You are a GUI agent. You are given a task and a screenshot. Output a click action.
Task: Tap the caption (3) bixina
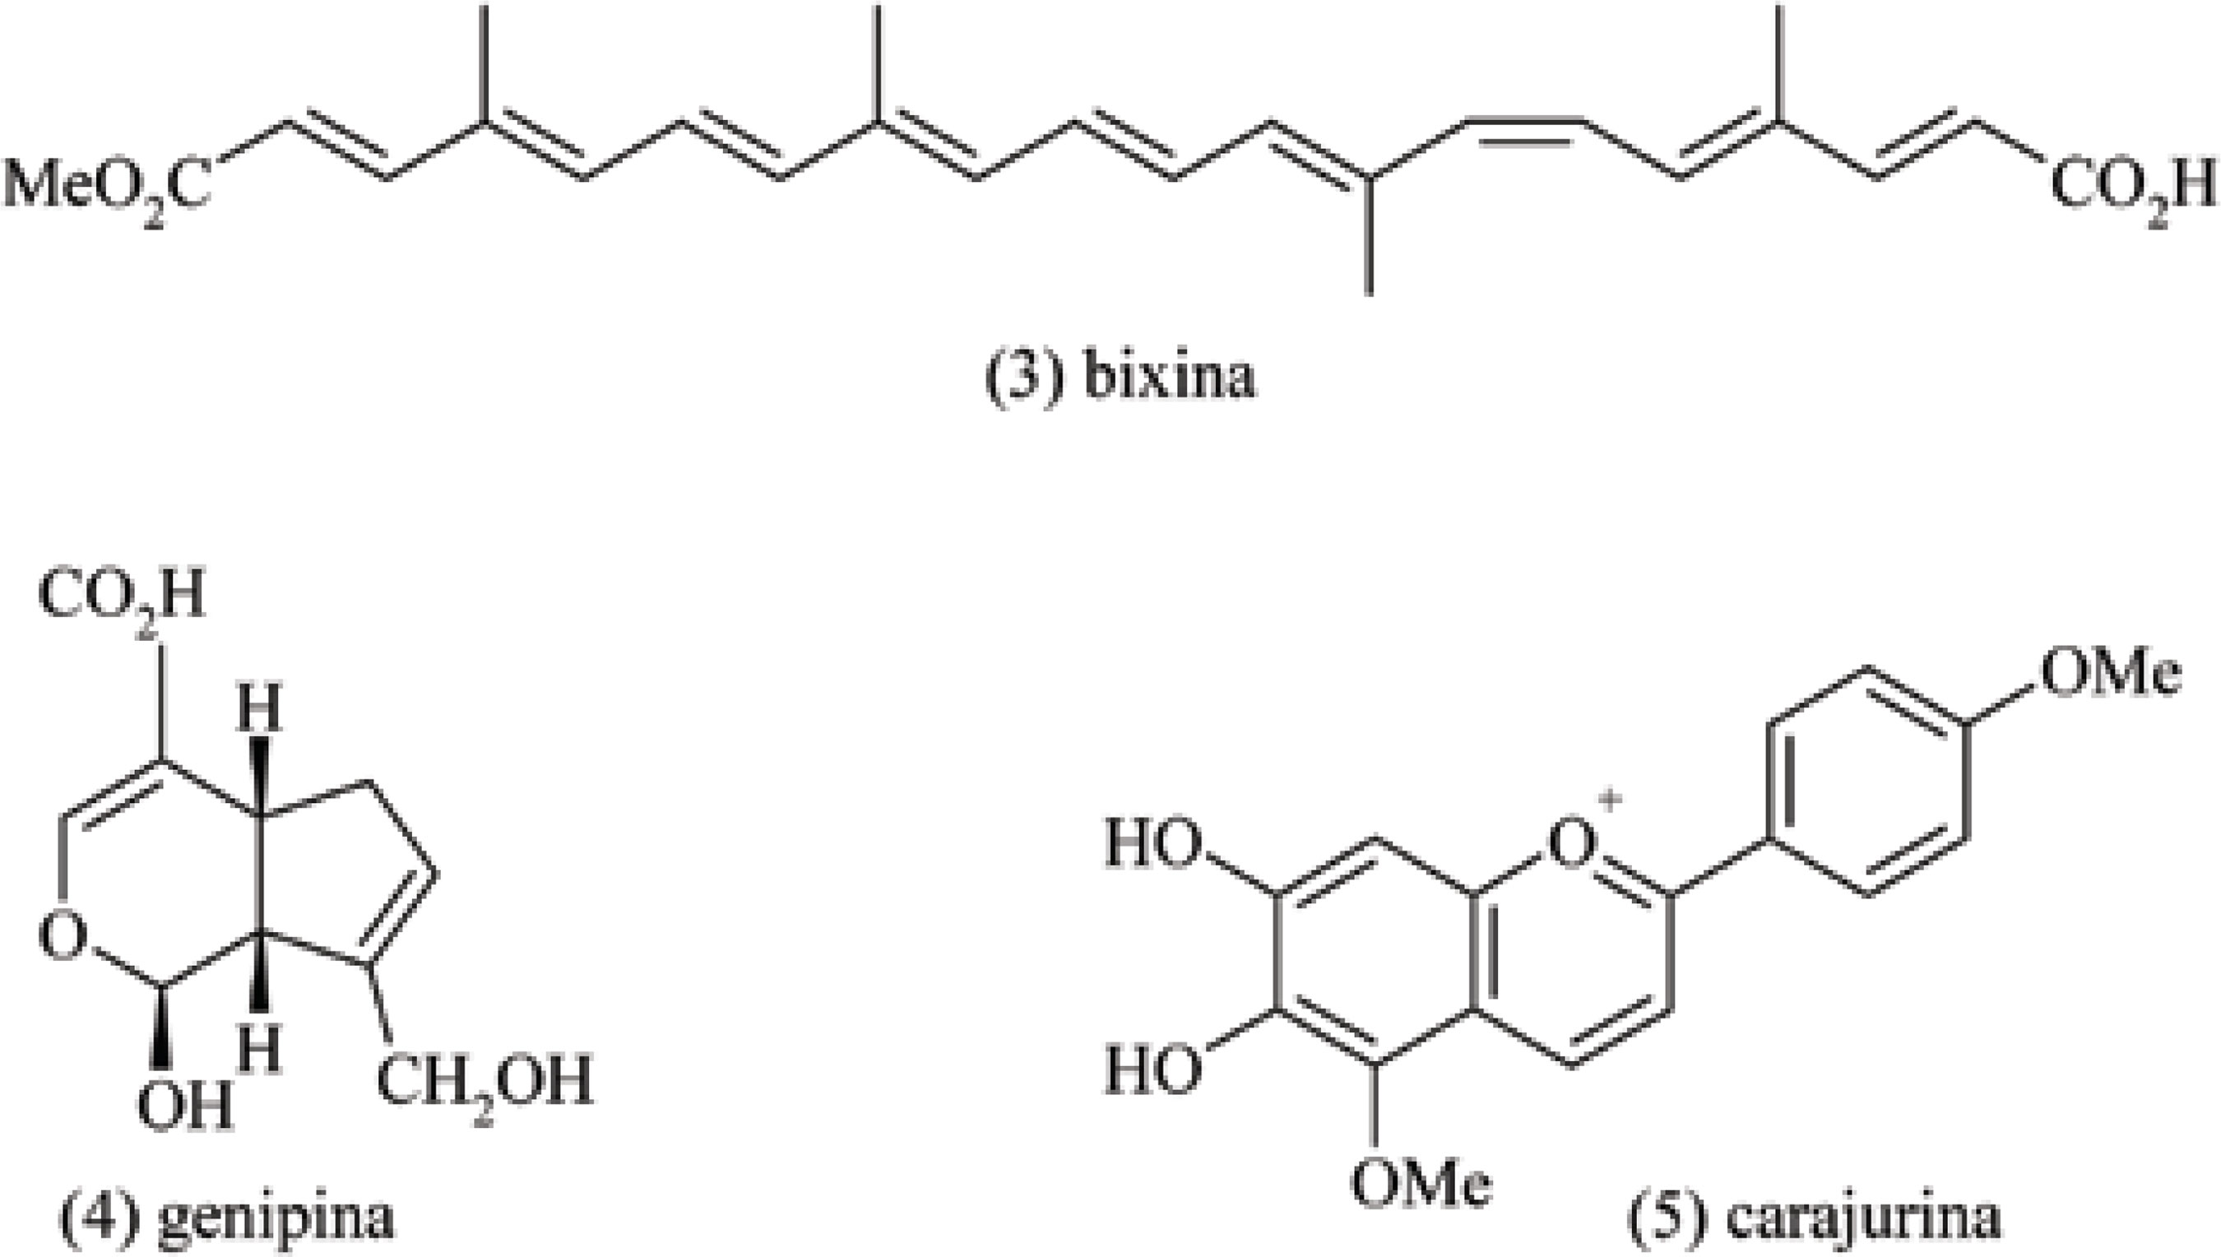pyautogui.click(x=1120, y=378)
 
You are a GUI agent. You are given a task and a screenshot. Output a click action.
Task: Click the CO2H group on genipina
pyautogui.click(x=122, y=598)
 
